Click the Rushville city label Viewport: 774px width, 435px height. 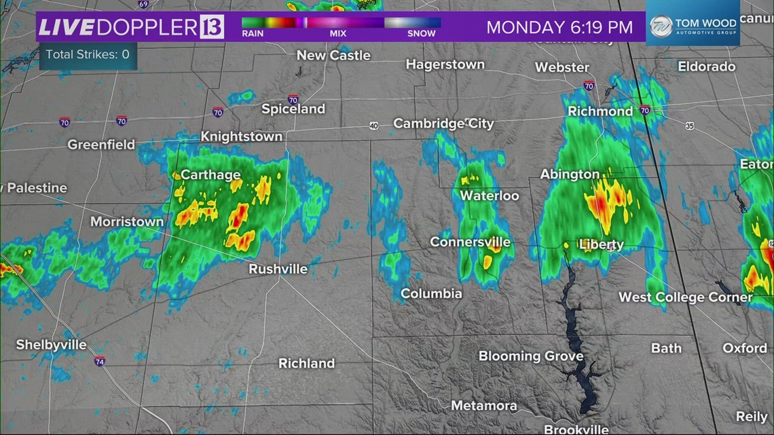click(x=278, y=269)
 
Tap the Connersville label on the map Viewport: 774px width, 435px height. click(x=470, y=242)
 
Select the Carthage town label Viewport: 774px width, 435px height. click(x=210, y=174)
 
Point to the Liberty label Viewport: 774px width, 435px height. click(x=601, y=244)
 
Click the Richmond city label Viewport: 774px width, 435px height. click(x=600, y=111)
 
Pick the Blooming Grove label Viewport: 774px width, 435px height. click(x=530, y=356)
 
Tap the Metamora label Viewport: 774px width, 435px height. click(x=484, y=406)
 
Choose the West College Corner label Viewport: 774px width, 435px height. click(x=685, y=297)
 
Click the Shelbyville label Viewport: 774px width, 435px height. click(x=52, y=345)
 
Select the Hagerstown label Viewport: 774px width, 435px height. click(x=445, y=64)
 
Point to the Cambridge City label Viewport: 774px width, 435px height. click(x=443, y=124)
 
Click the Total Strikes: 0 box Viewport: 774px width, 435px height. click(x=88, y=54)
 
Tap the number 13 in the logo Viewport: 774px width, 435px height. click(x=212, y=28)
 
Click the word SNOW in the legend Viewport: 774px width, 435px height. click(x=422, y=33)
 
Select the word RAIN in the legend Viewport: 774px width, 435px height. click(x=253, y=33)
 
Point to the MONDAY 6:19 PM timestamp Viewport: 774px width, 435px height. click(x=559, y=28)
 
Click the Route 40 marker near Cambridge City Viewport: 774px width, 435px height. click(x=374, y=126)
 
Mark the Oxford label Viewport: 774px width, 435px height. click(x=744, y=347)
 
